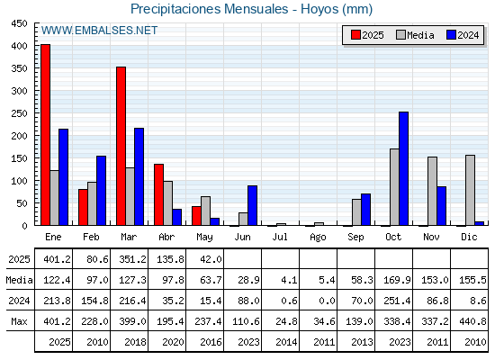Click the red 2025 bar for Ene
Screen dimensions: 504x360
[x=45, y=135]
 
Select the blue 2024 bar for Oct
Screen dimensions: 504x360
[x=403, y=168]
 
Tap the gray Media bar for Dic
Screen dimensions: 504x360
[x=470, y=190]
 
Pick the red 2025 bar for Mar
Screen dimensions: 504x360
[x=121, y=146]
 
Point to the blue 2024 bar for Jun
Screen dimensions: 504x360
[x=252, y=205]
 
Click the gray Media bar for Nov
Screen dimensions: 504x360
[x=432, y=191]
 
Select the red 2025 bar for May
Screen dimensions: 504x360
[x=196, y=216]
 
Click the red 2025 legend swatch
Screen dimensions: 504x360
[x=355, y=35]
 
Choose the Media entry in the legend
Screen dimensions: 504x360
[x=415, y=35]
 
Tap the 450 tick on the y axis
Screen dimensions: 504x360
[x=19, y=23]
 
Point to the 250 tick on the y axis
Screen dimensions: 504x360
[x=19, y=113]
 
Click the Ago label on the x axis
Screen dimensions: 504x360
[x=318, y=238]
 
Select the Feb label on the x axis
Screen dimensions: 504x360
[x=91, y=237]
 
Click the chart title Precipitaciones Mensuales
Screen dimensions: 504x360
[x=209, y=9]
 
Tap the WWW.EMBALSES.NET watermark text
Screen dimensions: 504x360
[x=99, y=31]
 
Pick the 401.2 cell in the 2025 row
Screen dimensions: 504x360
[x=58, y=259]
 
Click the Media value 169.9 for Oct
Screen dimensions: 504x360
[x=397, y=280]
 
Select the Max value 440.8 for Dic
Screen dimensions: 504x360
[x=472, y=321]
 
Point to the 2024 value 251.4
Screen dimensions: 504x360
[x=397, y=301]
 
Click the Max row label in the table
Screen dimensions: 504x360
[x=19, y=321]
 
